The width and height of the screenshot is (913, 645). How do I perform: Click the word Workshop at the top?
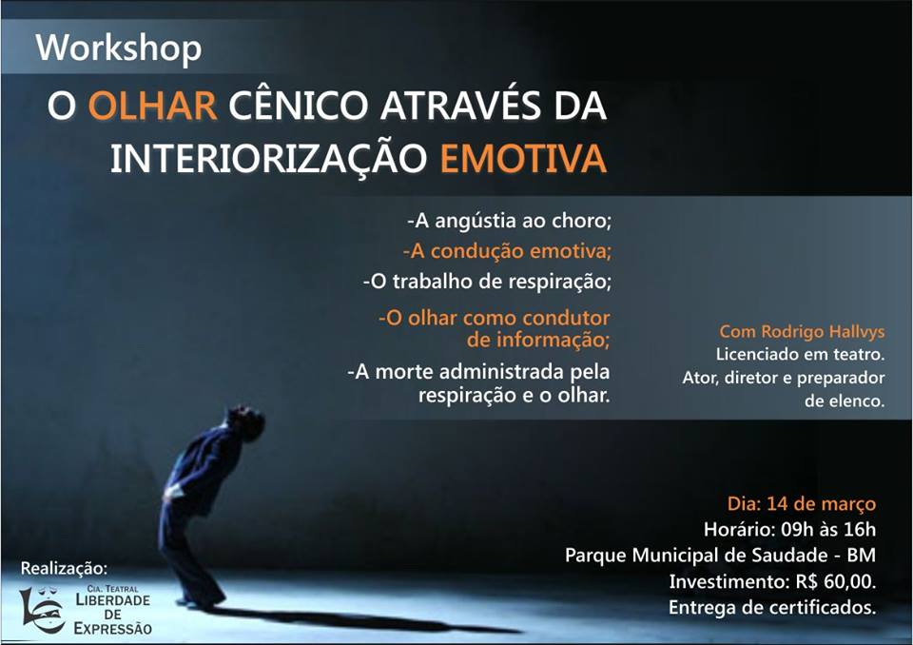[x=119, y=49]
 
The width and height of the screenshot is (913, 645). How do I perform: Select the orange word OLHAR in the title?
[x=152, y=106]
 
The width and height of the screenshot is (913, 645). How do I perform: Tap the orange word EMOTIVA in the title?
[x=523, y=158]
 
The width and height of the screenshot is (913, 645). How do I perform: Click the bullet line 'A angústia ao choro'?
[x=509, y=221]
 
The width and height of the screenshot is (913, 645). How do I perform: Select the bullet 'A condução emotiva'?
[x=507, y=251]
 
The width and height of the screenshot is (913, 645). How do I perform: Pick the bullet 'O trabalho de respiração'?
[x=487, y=282]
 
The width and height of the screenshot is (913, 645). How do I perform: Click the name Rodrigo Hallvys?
[x=824, y=331]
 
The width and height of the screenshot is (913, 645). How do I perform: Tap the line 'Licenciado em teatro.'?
[x=800, y=354]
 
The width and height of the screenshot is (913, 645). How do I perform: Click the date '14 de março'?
[x=821, y=503]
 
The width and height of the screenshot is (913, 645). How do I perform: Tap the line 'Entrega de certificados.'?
[x=772, y=608]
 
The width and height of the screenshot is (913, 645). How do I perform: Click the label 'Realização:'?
[x=64, y=568]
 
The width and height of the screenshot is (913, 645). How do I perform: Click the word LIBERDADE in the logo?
[x=113, y=599]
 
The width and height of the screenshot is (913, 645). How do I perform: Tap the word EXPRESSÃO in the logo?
[x=113, y=629]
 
